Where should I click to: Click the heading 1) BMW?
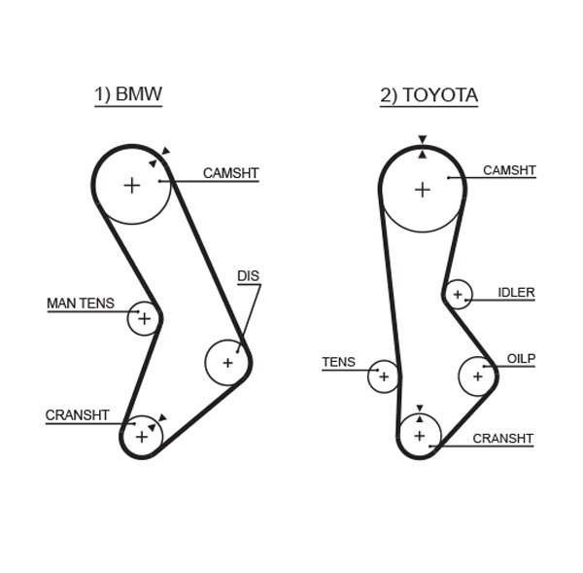pyautogui.click(x=127, y=94)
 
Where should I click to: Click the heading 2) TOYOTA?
pyautogui.click(x=429, y=95)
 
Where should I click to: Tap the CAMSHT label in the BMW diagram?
pyautogui.click(x=230, y=173)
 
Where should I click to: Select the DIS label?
pyautogui.click(x=249, y=276)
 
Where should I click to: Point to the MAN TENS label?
pyautogui.click(x=81, y=304)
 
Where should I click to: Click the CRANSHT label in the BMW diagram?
pyautogui.click(x=78, y=415)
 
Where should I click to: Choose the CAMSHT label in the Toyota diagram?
pyautogui.click(x=509, y=170)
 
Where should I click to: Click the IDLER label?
pyautogui.click(x=516, y=292)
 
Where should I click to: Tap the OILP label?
pyautogui.click(x=521, y=359)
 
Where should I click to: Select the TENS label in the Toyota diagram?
pyautogui.click(x=338, y=363)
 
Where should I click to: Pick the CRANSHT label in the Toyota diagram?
pyautogui.click(x=502, y=438)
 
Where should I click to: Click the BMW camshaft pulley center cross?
pyautogui.click(x=132, y=185)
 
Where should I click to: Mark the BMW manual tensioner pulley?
pyautogui.click(x=144, y=317)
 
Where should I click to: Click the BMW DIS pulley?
pyautogui.click(x=227, y=363)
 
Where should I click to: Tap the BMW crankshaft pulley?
pyautogui.click(x=143, y=436)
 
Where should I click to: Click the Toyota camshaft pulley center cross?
pyautogui.click(x=422, y=189)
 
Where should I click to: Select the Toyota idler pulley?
pyautogui.click(x=457, y=294)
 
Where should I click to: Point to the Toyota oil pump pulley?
pyautogui.click(x=477, y=376)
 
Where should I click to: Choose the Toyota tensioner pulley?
pyautogui.click(x=384, y=376)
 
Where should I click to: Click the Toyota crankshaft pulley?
pyautogui.click(x=420, y=435)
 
